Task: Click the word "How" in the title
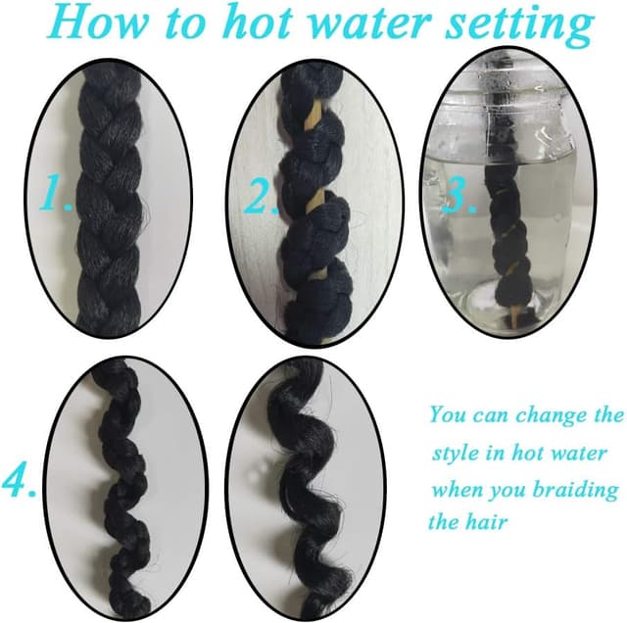[99, 22]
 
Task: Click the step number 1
[56, 194]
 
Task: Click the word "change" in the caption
[552, 415]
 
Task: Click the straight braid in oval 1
[110, 200]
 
